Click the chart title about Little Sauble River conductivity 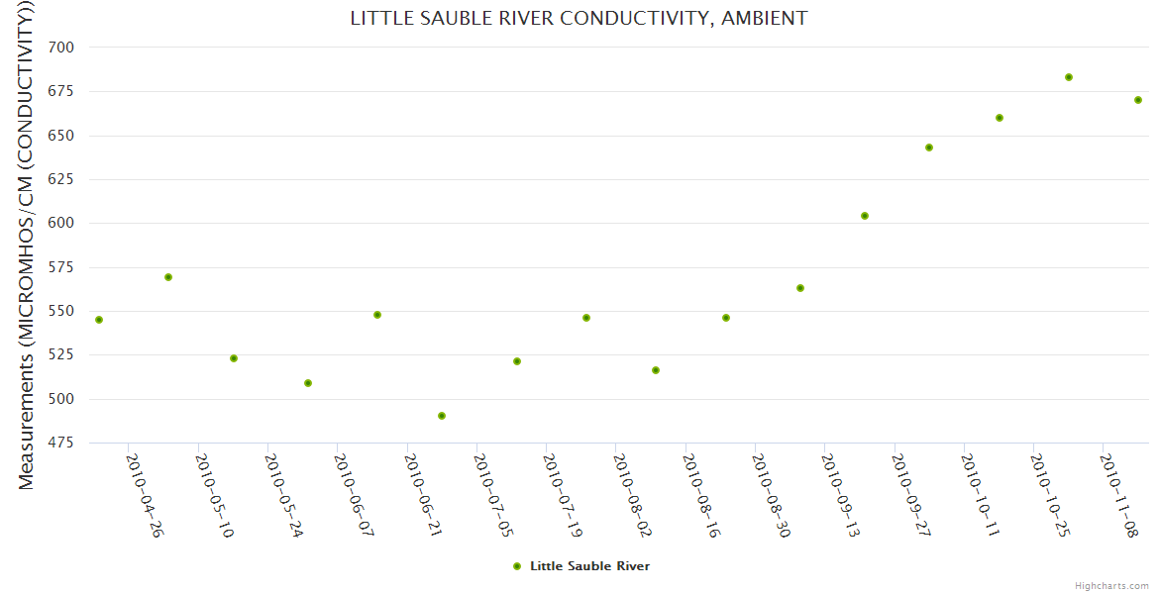[579, 18]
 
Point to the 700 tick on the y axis [60, 48]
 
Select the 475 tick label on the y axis [60, 443]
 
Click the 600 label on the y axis [60, 223]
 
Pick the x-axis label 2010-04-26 [145, 495]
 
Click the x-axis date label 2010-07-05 [492, 495]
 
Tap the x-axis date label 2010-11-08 [1119, 495]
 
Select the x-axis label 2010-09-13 [841, 495]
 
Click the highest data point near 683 [1069, 77]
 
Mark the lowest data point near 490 [442, 416]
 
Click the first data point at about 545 [99, 320]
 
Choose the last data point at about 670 [1138, 100]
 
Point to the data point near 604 [865, 216]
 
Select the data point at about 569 [168, 277]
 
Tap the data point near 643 [929, 148]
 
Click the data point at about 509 [308, 383]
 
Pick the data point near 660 [1000, 118]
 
